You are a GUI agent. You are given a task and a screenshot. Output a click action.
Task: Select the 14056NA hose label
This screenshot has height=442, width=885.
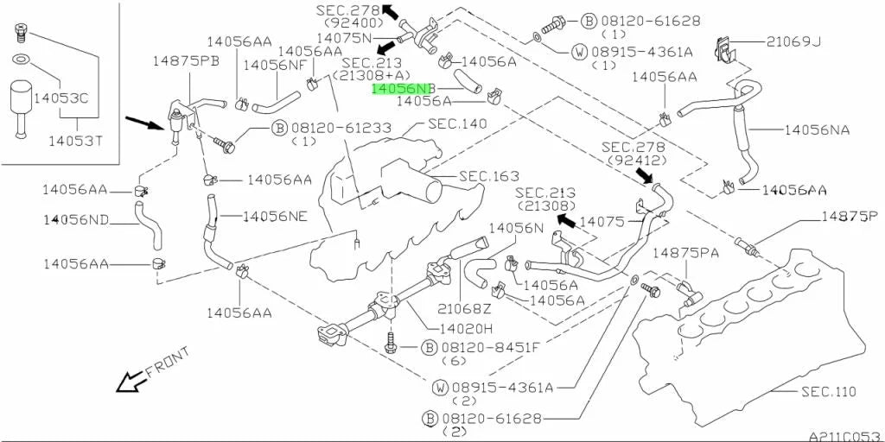click(817, 130)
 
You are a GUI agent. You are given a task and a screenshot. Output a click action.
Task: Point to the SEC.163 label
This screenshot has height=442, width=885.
click(489, 176)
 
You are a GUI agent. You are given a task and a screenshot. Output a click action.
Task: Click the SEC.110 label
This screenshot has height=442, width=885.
click(829, 391)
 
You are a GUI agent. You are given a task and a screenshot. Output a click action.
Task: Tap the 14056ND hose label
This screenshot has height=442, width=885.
click(76, 219)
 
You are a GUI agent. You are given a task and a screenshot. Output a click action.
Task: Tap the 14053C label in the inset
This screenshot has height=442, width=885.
click(60, 99)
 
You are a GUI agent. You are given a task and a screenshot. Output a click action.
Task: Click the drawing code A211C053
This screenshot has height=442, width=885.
click(846, 436)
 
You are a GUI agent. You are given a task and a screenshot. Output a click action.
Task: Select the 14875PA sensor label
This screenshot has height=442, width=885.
click(685, 253)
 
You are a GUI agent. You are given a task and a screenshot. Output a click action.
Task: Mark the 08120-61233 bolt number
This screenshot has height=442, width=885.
click(341, 129)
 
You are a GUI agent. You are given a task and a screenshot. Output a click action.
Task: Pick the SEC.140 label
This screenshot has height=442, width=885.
click(456, 123)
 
